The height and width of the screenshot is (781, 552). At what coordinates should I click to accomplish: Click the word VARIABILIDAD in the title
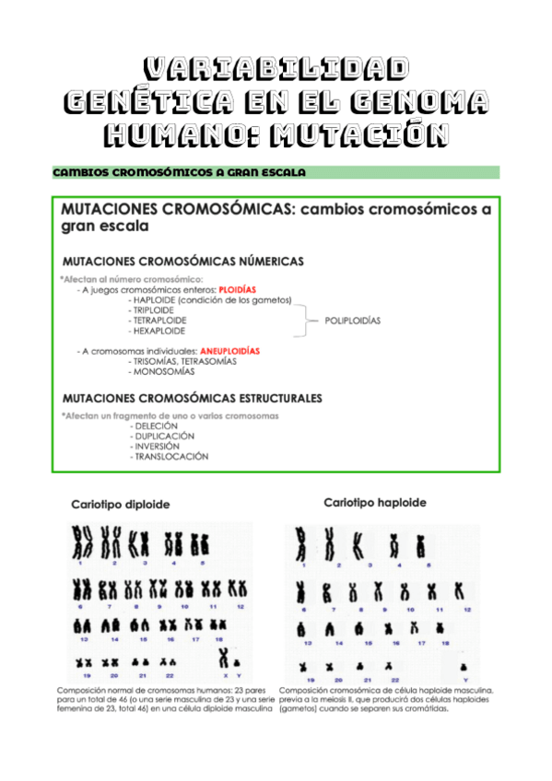pyautogui.click(x=276, y=70)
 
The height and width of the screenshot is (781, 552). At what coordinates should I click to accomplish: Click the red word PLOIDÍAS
pyautogui.click(x=237, y=288)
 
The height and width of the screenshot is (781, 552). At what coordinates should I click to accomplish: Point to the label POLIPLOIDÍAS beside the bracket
pyautogui.click(x=352, y=321)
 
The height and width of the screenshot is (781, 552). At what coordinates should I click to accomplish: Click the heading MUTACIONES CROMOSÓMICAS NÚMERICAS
pyautogui.click(x=182, y=261)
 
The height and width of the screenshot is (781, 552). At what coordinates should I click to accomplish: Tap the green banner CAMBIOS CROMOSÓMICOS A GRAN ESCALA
pyautogui.click(x=180, y=172)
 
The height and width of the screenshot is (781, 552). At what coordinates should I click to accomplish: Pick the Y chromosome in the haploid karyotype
pyautogui.click(x=464, y=666)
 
